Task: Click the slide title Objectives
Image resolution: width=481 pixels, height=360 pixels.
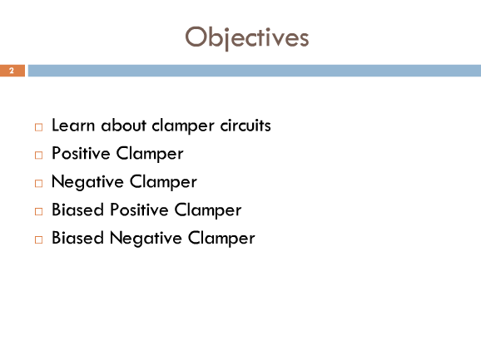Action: (x=247, y=37)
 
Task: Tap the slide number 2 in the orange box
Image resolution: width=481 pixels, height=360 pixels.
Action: (x=12, y=71)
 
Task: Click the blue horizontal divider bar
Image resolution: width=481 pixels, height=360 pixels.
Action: (x=255, y=71)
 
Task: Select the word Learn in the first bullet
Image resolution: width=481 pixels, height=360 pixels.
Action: (x=73, y=126)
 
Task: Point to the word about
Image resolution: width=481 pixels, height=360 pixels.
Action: (x=124, y=126)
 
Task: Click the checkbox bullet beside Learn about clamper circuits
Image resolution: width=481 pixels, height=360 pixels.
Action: (x=38, y=127)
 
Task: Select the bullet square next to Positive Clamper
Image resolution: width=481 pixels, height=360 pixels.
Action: (x=38, y=155)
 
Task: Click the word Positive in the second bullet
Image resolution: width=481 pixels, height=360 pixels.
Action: (x=81, y=153)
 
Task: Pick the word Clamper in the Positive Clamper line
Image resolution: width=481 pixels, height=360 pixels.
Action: (x=150, y=154)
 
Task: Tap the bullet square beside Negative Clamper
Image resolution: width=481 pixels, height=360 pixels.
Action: (x=38, y=184)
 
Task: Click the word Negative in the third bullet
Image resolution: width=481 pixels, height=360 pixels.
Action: (x=87, y=182)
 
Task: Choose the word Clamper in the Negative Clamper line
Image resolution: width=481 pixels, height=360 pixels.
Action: (x=163, y=182)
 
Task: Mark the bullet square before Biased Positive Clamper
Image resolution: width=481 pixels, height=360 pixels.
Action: (x=38, y=212)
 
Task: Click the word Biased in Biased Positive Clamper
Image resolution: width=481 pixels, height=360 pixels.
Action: (x=77, y=210)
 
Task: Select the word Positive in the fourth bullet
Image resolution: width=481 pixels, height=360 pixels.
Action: (x=139, y=210)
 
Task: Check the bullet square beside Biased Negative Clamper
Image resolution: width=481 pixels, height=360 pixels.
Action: (x=38, y=240)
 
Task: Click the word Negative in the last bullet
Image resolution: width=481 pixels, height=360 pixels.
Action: (x=146, y=239)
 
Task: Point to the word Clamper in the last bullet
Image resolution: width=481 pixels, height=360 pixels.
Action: (x=221, y=239)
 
